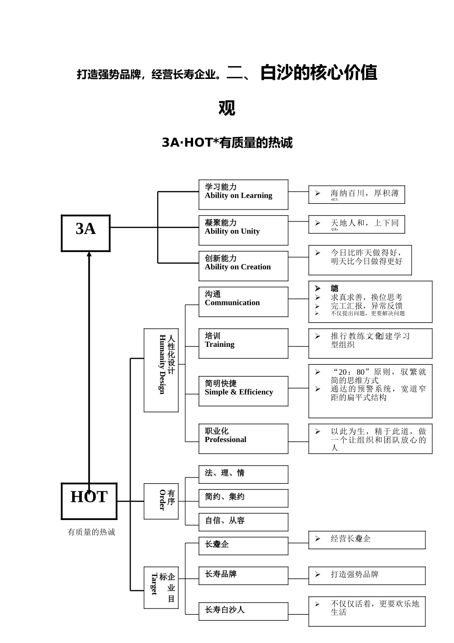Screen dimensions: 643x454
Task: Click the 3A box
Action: point(86,233)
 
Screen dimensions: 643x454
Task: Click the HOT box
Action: point(89,501)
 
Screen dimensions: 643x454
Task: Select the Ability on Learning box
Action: point(243,195)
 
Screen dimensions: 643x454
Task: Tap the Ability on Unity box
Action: point(243,230)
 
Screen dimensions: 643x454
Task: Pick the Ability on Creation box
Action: point(243,266)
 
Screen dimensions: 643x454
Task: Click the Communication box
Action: point(243,302)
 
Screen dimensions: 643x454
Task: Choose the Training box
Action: point(243,344)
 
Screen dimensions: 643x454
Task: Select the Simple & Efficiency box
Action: point(243,391)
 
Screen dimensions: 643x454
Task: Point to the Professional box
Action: point(243,439)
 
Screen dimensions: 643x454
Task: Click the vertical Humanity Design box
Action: point(161,370)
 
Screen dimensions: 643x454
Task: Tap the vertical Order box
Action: point(161,501)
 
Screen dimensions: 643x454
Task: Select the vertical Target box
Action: point(161,588)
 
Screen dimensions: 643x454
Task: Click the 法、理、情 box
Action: point(243,474)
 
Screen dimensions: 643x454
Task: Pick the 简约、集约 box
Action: point(243,498)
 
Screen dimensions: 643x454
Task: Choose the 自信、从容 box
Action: point(243,522)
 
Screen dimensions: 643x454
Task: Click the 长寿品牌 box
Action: point(243,576)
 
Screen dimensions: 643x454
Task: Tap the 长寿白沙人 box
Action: point(243,611)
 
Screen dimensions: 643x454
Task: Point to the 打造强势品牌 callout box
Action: point(367,576)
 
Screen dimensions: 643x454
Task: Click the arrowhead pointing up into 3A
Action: point(89,255)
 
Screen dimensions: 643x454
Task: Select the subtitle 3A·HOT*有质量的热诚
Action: point(227,143)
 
